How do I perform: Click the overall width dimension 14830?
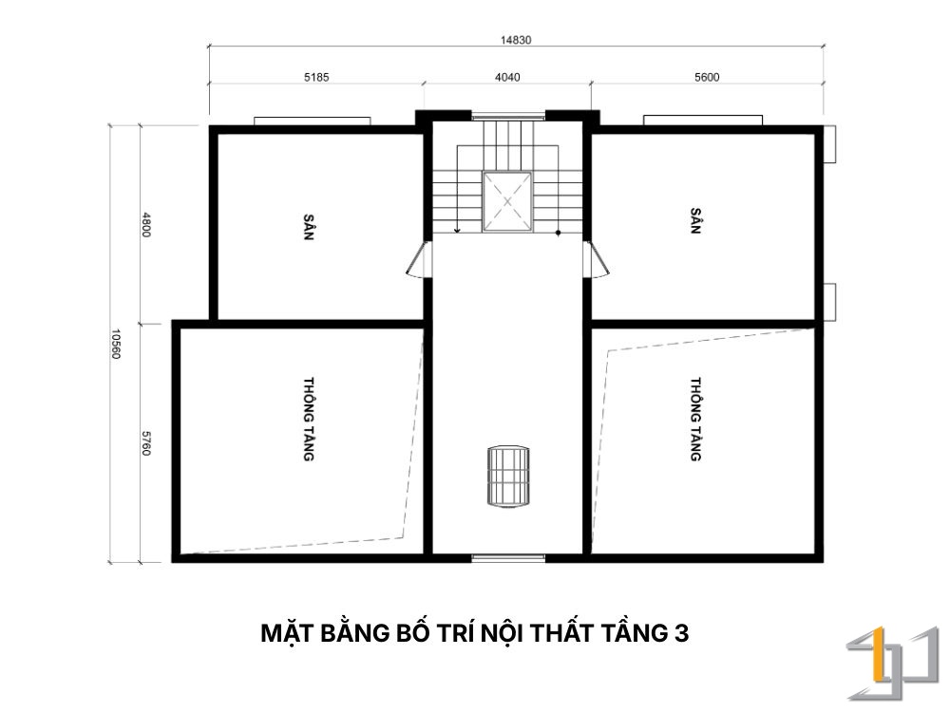516,40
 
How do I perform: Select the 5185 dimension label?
316,77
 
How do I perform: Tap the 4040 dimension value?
507,77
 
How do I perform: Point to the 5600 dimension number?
707,77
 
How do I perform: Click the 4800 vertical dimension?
146,224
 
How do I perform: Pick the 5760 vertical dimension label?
146,443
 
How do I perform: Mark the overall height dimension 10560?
115,344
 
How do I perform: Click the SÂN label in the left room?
309,227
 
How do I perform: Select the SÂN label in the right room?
695,221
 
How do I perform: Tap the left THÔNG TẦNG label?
309,419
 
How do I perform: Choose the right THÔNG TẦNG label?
695,419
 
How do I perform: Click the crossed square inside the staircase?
507,201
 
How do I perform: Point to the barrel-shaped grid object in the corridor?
507,478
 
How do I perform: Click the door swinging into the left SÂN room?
419,259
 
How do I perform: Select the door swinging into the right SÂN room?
597,259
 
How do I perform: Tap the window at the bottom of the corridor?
507,557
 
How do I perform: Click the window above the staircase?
507,116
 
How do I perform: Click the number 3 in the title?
681,633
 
